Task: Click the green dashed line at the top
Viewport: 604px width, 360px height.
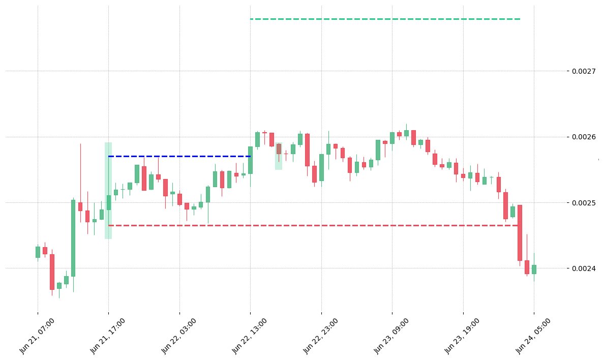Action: click(x=385, y=19)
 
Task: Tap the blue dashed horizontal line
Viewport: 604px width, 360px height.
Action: click(x=179, y=156)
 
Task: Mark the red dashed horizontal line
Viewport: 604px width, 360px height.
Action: click(x=313, y=225)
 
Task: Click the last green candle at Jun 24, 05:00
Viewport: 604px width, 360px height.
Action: click(x=534, y=269)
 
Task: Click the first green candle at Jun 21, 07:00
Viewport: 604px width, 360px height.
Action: click(x=38, y=252)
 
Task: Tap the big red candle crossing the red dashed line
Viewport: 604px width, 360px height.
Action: click(x=520, y=233)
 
